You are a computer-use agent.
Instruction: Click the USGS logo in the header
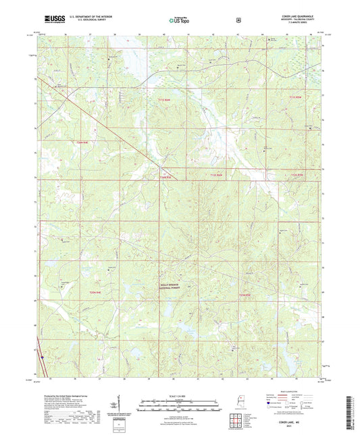click(51, 21)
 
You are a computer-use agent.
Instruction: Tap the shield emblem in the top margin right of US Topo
click(238, 20)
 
